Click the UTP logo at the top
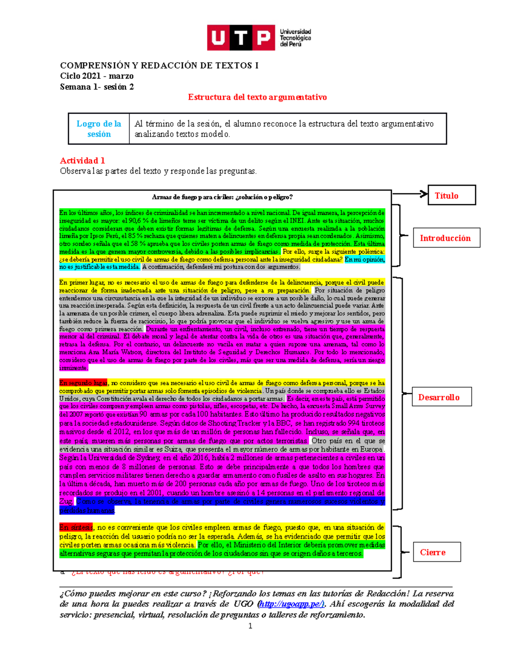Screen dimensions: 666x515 241,37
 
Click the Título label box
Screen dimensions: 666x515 451,196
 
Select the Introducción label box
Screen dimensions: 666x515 446,238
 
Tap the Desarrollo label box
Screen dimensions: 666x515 441,397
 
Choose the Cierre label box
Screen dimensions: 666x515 436,552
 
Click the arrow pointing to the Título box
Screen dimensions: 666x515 410,194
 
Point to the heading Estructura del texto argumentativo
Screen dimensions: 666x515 257,97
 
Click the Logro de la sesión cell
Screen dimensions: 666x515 99,129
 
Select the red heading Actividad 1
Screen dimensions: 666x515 82,161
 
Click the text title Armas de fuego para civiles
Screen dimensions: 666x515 222,197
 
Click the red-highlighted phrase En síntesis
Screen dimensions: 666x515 76,527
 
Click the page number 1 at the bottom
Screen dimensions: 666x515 250,626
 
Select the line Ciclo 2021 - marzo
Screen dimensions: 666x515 97,76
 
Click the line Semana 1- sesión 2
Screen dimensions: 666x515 97,87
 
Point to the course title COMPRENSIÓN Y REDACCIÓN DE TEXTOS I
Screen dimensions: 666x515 159,65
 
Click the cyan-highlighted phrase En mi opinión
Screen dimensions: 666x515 364,259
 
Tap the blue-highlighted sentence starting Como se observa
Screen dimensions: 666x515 230,502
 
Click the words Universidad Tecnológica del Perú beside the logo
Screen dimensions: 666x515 295,38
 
